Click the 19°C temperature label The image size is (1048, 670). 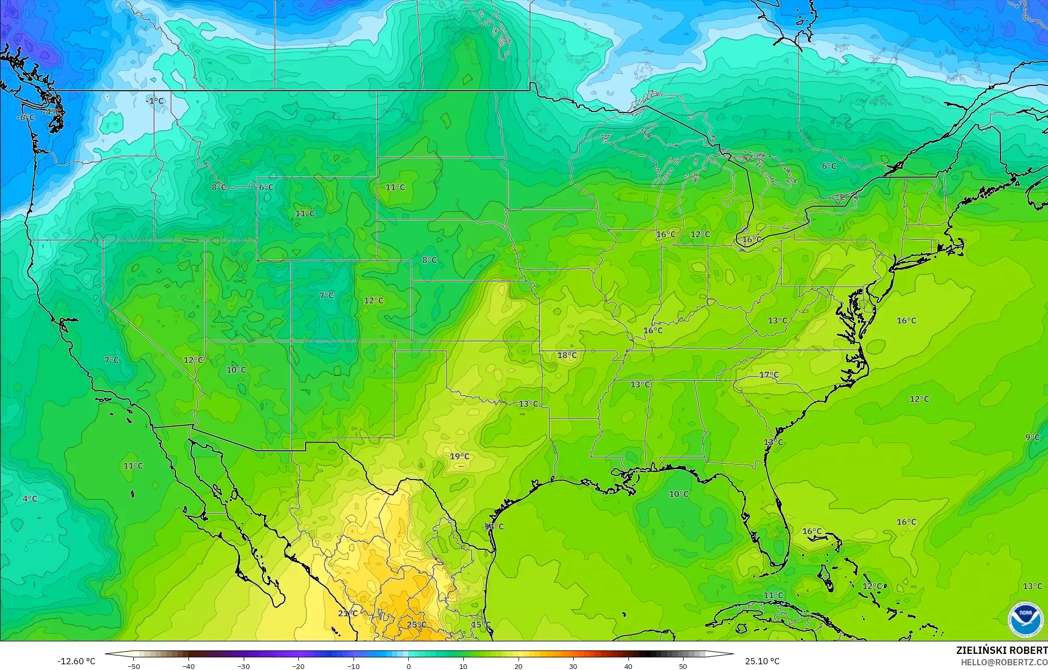click(x=459, y=457)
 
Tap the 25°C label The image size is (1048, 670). click(x=416, y=625)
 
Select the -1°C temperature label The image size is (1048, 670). click(x=154, y=101)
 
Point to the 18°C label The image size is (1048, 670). click(x=567, y=355)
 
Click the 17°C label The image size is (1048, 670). click(x=768, y=375)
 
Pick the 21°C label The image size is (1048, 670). click(x=348, y=613)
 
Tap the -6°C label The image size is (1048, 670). click(x=25, y=118)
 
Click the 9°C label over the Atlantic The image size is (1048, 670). click(x=1032, y=437)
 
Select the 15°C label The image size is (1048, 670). click(x=481, y=625)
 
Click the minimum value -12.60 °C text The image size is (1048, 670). click(x=76, y=661)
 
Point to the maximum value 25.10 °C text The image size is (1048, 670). click(x=762, y=661)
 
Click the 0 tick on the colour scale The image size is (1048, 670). click(x=408, y=666)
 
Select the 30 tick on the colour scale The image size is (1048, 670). click(x=573, y=666)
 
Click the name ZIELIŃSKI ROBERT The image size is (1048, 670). click(x=1001, y=650)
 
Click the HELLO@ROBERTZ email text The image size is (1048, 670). click(x=1004, y=662)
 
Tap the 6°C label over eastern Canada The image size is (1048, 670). click(x=829, y=166)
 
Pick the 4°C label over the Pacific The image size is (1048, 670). click(x=30, y=499)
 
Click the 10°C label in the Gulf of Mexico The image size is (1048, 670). click(x=678, y=494)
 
